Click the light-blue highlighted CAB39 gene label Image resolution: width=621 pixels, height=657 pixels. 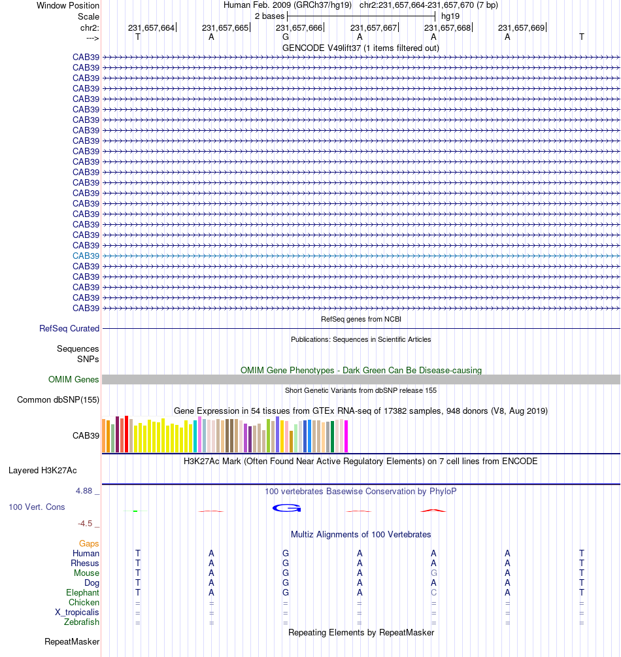coord(86,256)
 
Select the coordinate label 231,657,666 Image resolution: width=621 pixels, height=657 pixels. coord(299,28)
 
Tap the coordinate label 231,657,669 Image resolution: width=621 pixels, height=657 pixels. coord(521,28)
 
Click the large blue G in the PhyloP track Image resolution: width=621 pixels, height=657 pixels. coord(286,508)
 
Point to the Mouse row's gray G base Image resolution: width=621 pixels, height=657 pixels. coord(433,573)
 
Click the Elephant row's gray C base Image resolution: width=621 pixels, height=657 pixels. coord(433,592)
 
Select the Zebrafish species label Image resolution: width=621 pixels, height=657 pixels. coord(82,622)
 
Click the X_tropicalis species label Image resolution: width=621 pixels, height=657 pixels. coord(77,612)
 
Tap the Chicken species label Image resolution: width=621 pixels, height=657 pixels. coord(84,603)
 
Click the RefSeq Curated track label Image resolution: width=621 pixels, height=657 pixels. coord(69,328)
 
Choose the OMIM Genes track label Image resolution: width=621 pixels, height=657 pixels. coord(73,380)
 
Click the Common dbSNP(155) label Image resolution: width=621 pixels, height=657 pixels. coord(58,399)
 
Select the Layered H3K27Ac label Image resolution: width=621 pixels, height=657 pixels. coord(42,471)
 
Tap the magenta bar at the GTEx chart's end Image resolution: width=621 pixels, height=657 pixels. coord(346,436)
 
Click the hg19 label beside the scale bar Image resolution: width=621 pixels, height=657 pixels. coord(450,16)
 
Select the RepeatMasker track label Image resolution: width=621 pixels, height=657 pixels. coord(72,642)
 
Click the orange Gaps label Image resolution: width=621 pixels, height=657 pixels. coord(89,544)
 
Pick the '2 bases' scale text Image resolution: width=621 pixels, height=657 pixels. coord(269,16)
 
